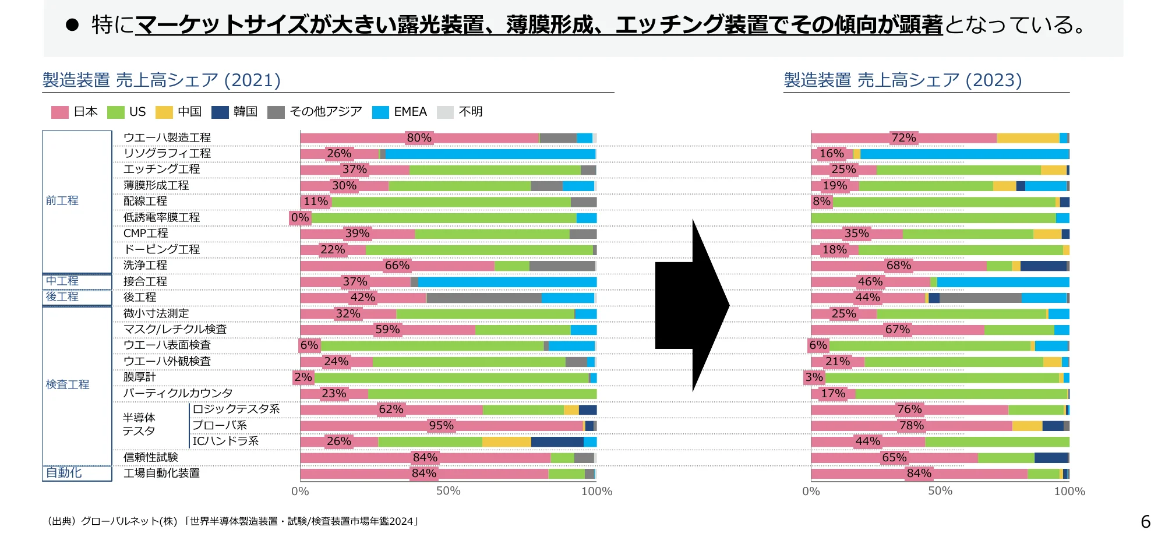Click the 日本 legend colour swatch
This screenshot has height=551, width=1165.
60,112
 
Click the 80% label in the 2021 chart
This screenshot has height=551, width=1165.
419,138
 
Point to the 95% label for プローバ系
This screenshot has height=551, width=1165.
441,426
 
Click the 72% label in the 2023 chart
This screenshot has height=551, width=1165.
903,138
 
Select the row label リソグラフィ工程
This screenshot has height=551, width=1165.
167,153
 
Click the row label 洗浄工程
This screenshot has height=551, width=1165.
145,265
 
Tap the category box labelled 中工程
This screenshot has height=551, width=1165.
76,281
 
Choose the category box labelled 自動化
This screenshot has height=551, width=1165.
76,473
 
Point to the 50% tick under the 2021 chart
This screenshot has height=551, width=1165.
448,491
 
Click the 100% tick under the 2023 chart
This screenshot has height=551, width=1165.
1069,491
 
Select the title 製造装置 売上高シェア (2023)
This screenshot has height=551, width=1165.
902,80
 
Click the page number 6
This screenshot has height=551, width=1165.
1145,521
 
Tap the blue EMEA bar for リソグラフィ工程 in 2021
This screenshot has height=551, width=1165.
489,154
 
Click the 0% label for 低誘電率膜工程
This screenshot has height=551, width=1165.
300,218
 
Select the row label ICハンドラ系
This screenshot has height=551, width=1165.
225,441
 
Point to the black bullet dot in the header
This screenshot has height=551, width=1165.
72,24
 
